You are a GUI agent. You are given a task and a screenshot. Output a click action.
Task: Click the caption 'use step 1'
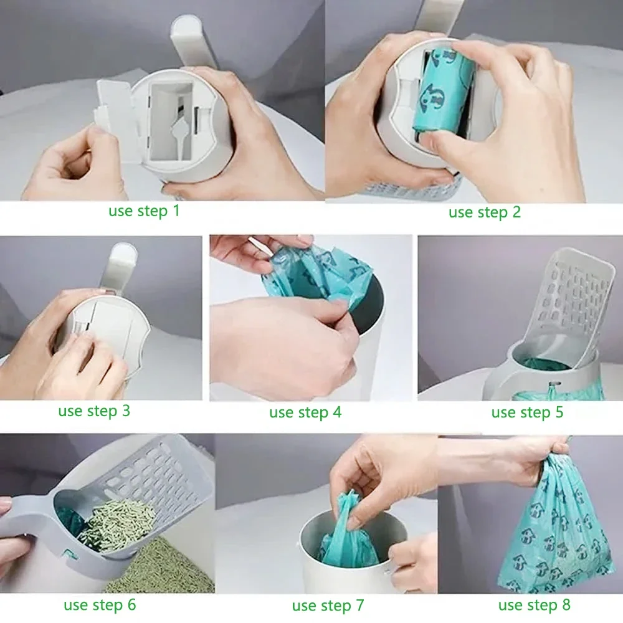tap(144, 211)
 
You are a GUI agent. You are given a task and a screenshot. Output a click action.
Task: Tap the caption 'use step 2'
tap(484, 212)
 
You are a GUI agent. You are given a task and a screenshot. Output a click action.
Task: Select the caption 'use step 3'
tap(94, 411)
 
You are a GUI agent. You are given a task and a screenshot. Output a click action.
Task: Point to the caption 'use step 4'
tap(305, 412)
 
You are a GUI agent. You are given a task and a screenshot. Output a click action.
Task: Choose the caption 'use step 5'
tap(527, 412)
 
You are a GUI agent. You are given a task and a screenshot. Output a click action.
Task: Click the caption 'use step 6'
tap(100, 605)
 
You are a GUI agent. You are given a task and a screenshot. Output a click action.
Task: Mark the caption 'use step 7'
tap(328, 606)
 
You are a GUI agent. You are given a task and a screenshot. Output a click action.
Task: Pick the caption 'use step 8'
tap(534, 605)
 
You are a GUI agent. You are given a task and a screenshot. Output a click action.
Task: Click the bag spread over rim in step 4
tap(318, 274)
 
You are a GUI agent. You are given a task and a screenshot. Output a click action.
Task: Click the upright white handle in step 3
tap(123, 265)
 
